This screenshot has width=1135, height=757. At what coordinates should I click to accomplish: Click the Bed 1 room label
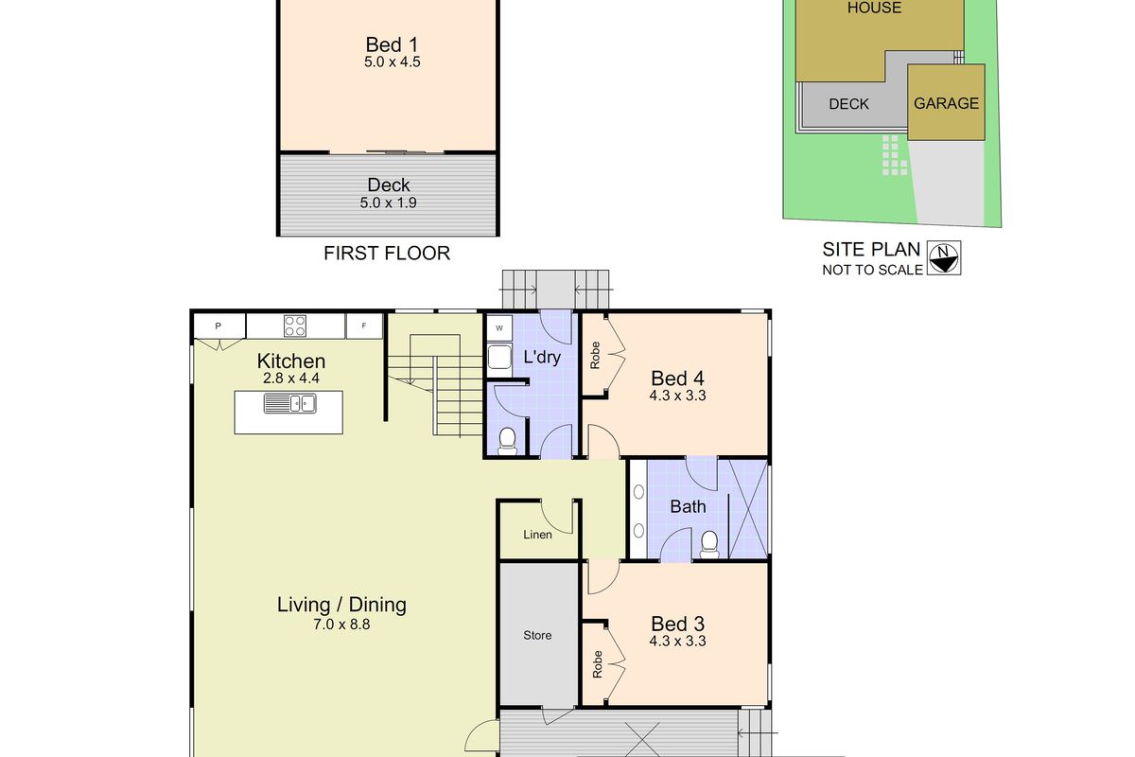click(x=392, y=44)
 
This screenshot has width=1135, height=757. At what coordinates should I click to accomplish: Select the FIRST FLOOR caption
click(x=387, y=254)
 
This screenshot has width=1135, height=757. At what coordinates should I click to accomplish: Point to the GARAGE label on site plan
click(x=946, y=103)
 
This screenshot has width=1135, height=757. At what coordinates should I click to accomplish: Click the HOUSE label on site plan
click(x=874, y=9)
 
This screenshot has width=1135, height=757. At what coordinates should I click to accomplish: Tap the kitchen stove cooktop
click(x=295, y=326)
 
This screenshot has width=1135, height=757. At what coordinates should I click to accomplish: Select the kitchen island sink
click(x=290, y=405)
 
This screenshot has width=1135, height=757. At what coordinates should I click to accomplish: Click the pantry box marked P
click(x=218, y=326)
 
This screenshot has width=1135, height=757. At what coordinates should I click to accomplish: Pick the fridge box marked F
click(x=364, y=326)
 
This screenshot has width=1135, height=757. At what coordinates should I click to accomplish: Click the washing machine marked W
click(x=498, y=328)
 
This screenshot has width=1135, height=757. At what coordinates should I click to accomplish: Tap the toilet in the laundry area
click(x=508, y=438)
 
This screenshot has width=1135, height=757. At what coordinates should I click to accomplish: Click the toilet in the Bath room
click(x=708, y=542)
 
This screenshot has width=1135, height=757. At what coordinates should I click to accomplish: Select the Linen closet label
click(x=537, y=535)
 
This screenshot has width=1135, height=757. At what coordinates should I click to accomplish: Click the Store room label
click(x=537, y=635)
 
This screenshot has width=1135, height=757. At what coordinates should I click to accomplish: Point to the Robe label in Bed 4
click(x=595, y=354)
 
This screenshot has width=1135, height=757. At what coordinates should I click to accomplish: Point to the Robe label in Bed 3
click(x=597, y=663)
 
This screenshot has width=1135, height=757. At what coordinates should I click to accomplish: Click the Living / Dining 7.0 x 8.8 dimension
click(x=341, y=624)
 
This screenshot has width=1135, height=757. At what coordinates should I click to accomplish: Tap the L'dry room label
click(x=542, y=357)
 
